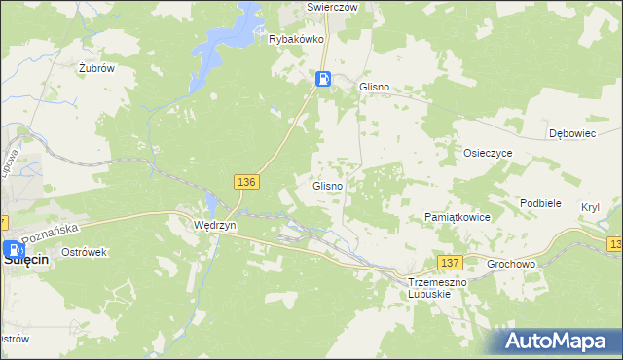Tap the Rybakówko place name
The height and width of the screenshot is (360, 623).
coord(296,40)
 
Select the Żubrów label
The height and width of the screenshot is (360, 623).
coord(97,68)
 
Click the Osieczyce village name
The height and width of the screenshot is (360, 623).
coord(489,153)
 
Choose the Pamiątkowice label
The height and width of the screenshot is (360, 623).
coord(458,217)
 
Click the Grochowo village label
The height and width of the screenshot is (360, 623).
coord(512,262)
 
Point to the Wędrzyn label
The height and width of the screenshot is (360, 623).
coord(211,224)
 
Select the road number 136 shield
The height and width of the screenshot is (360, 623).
coord(246,182)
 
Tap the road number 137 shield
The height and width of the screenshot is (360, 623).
coord(449,263)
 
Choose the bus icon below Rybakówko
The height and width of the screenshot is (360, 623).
coord(323,80)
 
